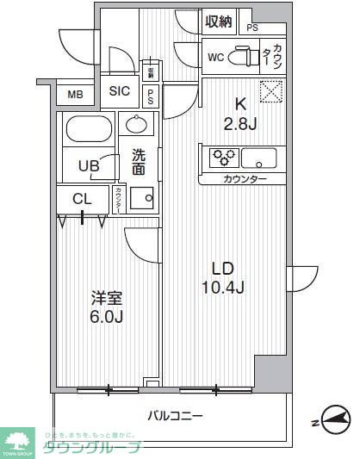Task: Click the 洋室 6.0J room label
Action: [108, 307]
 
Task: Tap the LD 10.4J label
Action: [223, 277]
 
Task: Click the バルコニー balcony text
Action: [175, 416]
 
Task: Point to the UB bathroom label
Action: [89, 166]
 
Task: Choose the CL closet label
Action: [83, 199]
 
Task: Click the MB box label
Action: [76, 95]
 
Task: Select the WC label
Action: [217, 58]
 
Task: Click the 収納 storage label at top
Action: [219, 22]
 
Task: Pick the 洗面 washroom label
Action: [139, 162]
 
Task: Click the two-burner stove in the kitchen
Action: [222, 158]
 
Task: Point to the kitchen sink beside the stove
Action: [259, 158]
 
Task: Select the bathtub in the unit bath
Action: [89, 131]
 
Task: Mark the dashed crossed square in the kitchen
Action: [272, 90]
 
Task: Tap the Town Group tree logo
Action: [18, 438]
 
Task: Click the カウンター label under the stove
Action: [245, 179]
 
